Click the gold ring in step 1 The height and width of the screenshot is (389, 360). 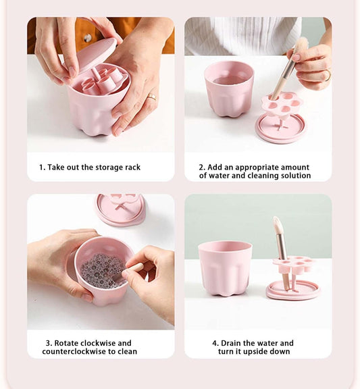coord(153,97)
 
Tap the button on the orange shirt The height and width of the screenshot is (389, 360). coord(87,38)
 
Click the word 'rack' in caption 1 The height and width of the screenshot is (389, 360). coord(133,167)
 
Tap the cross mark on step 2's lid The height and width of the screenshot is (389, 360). coord(280,126)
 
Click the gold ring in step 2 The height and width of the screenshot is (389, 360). coord(328,75)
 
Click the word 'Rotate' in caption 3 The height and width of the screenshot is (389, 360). coord(66,343)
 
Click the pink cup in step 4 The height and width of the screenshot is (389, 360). coord(225,269)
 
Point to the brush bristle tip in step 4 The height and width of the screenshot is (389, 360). coord(276,218)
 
